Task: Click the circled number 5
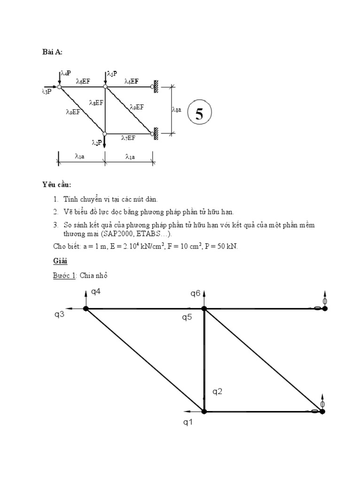click(x=199, y=113)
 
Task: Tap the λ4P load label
click(x=66, y=73)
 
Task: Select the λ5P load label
click(x=112, y=73)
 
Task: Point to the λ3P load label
click(x=47, y=91)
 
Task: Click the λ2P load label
click(x=97, y=142)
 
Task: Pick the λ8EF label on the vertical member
click(x=96, y=102)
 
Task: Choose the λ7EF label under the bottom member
click(x=128, y=138)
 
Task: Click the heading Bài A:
click(x=52, y=52)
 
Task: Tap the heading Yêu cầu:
click(x=56, y=185)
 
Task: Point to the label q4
click(x=96, y=292)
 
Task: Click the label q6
click(x=196, y=293)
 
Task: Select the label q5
click(x=187, y=317)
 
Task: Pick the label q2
click(x=217, y=391)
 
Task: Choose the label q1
click(x=188, y=422)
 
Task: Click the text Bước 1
click(x=64, y=275)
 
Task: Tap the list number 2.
click(x=55, y=212)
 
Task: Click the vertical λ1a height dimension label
click(x=176, y=109)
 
